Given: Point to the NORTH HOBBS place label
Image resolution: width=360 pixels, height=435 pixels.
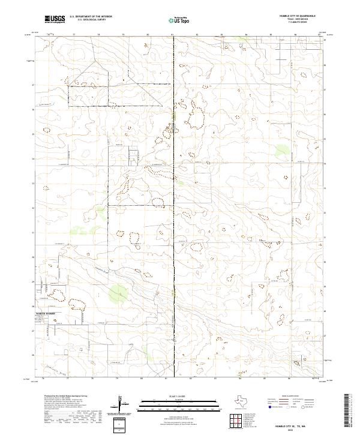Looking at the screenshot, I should [x=48, y=314].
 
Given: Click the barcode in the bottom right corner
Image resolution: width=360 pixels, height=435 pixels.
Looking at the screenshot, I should [x=348, y=410].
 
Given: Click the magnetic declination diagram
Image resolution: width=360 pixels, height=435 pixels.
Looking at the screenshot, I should [x=120, y=404].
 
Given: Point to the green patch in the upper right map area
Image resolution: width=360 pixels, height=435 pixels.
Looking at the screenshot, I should [x=281, y=150].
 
